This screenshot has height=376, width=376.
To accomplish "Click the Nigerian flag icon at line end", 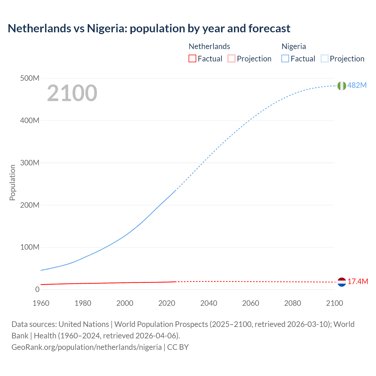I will coord(342,86).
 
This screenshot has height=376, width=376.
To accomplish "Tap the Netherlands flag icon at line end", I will coord(342,282).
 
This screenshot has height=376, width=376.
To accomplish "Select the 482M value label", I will coord(357,85).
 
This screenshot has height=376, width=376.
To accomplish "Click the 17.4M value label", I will coord(358,281).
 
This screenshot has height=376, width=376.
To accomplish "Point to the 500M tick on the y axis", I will coord(30,78).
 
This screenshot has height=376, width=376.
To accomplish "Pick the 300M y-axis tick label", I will coord(30,163).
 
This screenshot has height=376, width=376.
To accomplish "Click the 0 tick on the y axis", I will coord(37,289).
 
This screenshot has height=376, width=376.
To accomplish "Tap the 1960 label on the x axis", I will coord(41,303).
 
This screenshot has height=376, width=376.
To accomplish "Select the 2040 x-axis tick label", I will coord(209,303).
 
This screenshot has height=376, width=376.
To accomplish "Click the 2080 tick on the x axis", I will coord(293,303).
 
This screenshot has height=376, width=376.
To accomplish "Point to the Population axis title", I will coord(12,182).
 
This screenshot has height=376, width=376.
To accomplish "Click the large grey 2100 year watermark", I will coord(72,93).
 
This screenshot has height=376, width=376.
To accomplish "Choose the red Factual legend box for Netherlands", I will coord(192,58).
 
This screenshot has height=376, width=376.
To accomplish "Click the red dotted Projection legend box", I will coord(231,58).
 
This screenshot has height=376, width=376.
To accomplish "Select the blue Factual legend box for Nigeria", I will coord(285,58).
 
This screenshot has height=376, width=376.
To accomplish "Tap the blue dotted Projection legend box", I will coord(325,58).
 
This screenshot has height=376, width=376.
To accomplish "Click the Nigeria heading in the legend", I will coord(294,46).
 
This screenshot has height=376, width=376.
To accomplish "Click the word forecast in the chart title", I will coord(269,28).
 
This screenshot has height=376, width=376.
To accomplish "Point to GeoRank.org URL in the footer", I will coord(87,347).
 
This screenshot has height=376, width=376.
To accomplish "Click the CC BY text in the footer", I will coord(178,347).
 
